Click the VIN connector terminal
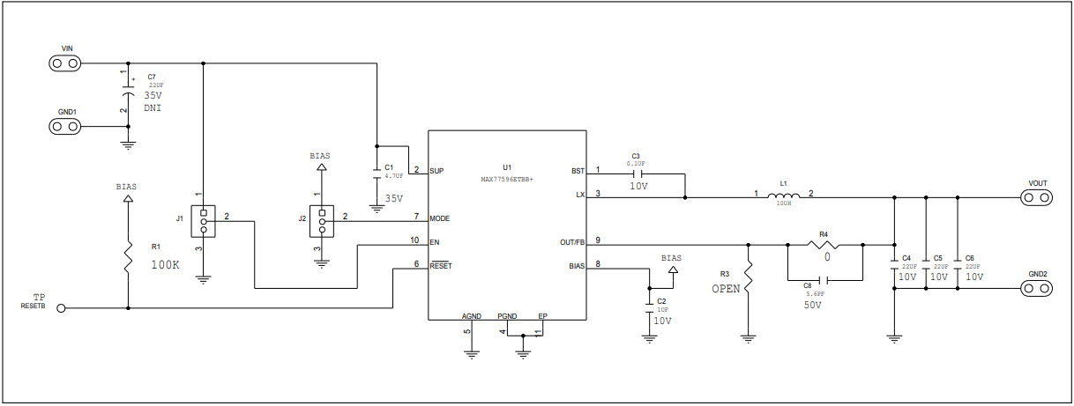[64, 63]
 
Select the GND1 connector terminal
[64, 127]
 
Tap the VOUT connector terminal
[1036, 197]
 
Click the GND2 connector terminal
[1036, 288]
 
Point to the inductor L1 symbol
[784, 196]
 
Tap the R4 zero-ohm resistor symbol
[824, 244]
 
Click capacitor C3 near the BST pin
[636, 173]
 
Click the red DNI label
[153, 108]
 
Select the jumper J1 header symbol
[204, 221]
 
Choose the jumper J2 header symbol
[322, 221]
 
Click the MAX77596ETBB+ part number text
[507, 178]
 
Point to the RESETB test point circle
[61, 308]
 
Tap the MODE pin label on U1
[440, 218]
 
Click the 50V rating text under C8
[813, 305]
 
